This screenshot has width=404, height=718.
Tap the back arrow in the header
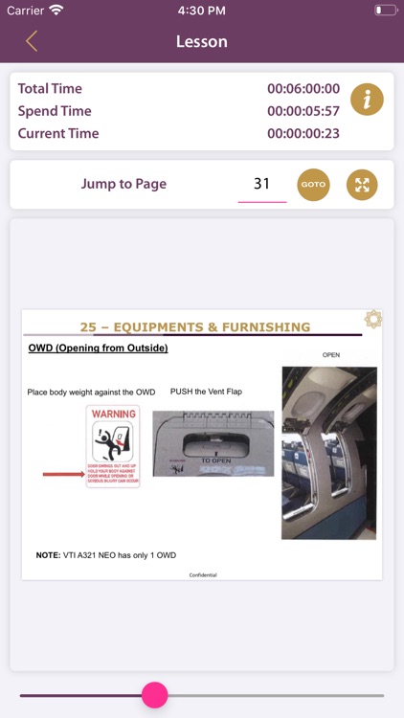coord(32,41)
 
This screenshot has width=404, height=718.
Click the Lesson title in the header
coord(202,41)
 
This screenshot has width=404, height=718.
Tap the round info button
coord(367,99)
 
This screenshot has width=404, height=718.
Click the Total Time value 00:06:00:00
coord(303,88)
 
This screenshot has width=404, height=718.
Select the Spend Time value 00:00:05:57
coord(303,111)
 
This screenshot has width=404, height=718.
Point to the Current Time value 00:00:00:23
coord(303,133)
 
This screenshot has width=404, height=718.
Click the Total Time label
coord(50,88)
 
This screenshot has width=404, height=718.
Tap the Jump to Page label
coord(123,184)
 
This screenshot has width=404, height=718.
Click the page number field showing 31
coord(261,184)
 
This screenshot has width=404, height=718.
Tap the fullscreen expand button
coord(362,185)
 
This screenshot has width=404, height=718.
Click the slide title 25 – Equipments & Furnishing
coord(195,326)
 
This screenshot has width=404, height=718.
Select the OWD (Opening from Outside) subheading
coord(99,348)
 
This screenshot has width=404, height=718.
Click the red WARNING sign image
coord(113,446)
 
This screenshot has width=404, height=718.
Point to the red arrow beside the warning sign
coord(62,474)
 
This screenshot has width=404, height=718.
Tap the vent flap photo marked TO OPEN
coord(213,443)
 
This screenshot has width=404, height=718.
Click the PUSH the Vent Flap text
coord(207,392)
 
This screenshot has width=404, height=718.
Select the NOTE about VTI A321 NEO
coord(105,554)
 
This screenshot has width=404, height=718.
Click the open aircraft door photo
coord(316,453)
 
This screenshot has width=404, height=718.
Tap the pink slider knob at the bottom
coord(154,695)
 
